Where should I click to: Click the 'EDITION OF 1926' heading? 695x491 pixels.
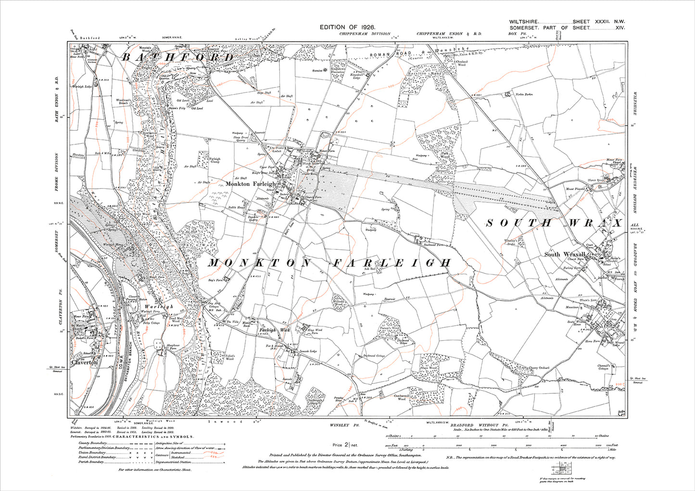pos(347,28)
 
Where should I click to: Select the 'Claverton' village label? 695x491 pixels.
pos(85,363)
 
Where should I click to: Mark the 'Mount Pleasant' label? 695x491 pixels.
pos(577,189)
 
